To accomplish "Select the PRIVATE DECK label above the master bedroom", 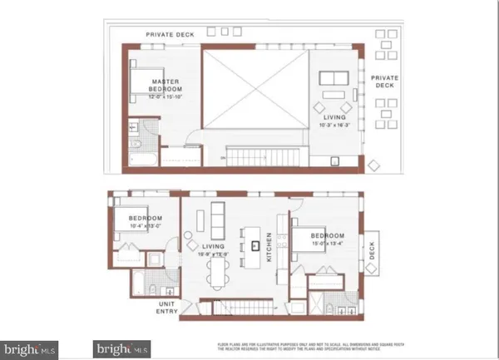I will [170, 34].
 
